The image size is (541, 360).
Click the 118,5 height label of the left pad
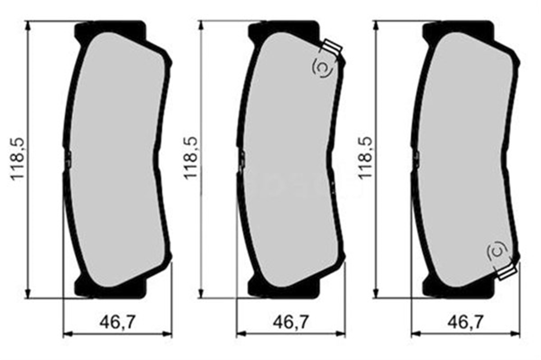coord(19,159)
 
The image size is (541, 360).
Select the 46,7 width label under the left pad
coord(117,321)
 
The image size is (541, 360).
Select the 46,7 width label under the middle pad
coord(291,321)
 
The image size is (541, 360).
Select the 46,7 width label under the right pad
coord(466,321)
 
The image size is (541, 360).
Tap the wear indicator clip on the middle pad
coord(333,47)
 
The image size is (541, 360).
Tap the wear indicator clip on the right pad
coord(506,272)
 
